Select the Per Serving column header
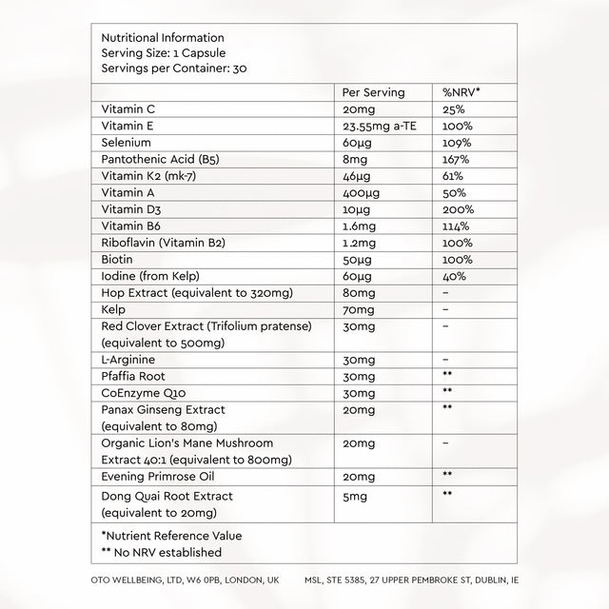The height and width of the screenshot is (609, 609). pos(374,93)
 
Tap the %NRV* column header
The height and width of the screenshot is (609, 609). pos(462,93)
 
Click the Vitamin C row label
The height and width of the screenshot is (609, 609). pos(128,110)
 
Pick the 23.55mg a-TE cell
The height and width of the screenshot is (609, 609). pos(383,128)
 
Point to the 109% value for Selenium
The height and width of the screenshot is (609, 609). pos(457,144)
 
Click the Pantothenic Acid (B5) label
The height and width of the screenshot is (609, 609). pos(160,160)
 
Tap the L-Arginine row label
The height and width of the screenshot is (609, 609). pos(128,360)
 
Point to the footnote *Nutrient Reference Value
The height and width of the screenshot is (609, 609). pos(171,536)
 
